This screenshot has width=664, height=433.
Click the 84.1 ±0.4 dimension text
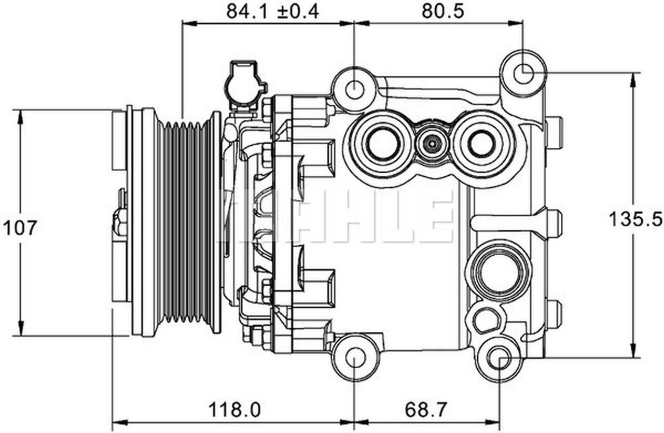click(x=272, y=11)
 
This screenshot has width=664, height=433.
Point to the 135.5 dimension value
click(x=635, y=219)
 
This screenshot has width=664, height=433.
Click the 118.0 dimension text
click(x=234, y=410)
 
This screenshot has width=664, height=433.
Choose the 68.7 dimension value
click(x=425, y=410)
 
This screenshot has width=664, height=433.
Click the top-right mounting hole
click(x=523, y=73)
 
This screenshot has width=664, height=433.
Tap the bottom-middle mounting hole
click(x=355, y=358)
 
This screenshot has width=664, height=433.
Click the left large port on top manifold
click(x=382, y=144)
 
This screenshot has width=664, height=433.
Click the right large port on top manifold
click(x=481, y=144)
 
